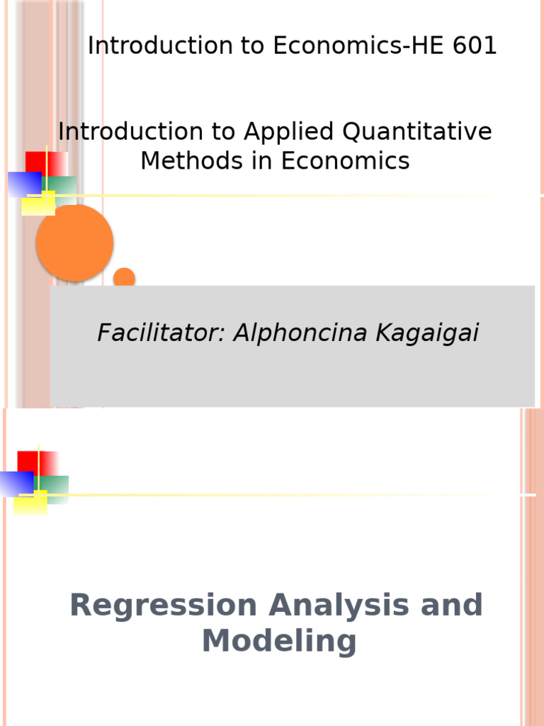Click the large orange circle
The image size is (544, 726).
(x=74, y=242)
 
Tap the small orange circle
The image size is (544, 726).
(x=124, y=277)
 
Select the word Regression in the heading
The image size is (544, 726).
(x=163, y=606)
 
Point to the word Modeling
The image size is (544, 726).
(x=278, y=642)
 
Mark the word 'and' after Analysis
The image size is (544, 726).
(x=452, y=606)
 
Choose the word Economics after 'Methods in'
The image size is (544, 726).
(x=345, y=161)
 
